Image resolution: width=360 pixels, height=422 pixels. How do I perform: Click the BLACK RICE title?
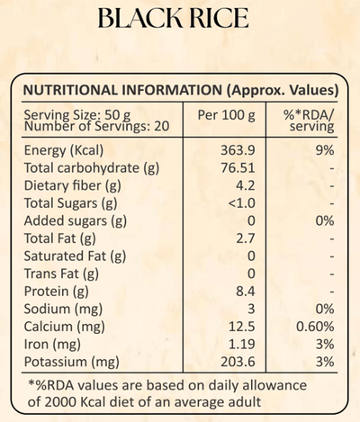174,18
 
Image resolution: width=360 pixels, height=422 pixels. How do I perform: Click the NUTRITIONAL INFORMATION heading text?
122,90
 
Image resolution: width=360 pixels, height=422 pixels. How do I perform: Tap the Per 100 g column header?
226,115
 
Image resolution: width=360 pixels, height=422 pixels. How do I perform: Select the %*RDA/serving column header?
309,121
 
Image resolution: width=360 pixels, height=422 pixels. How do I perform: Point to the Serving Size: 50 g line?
77,115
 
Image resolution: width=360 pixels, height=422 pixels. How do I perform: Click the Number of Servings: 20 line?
96,126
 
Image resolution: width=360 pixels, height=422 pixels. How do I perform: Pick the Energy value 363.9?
238,150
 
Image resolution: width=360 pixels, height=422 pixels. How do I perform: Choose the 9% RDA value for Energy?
325,150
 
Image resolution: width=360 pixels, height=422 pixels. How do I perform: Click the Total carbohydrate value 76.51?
238,167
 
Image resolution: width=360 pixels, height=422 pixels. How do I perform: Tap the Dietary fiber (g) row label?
73,185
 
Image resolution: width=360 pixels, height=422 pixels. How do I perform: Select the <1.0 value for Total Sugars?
241,203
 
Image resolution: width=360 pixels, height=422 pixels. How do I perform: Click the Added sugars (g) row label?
76,221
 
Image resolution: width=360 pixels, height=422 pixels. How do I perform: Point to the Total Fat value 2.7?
246,238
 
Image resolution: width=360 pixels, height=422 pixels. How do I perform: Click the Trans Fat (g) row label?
61,274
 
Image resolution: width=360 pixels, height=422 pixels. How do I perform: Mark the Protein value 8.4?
246,292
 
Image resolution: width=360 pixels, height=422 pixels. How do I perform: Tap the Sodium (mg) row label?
63,309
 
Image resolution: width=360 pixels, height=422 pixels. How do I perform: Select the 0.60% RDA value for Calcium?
315,327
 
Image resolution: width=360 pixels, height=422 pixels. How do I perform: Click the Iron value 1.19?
242,345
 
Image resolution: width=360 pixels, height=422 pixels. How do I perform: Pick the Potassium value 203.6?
238,362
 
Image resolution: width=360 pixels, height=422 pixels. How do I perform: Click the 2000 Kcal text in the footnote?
76,402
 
